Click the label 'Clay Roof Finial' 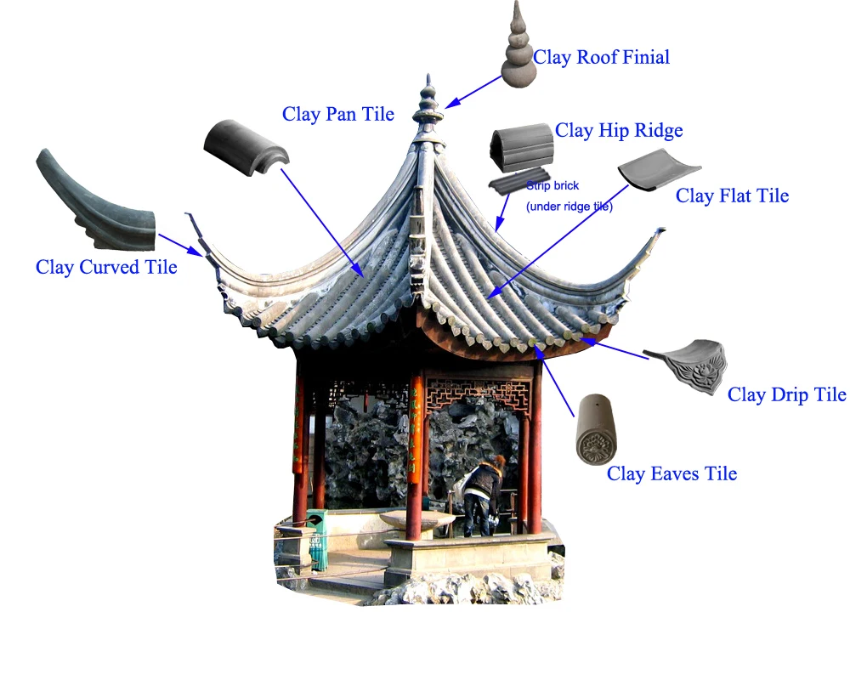601,58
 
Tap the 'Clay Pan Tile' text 338,114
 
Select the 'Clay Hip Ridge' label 619,131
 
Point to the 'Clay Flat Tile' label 732,196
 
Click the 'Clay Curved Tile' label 106,267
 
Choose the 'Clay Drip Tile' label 786,394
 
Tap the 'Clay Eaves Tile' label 671,474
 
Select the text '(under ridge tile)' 569,207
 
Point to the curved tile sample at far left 93,200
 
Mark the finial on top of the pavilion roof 428,106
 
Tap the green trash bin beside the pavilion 317,538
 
